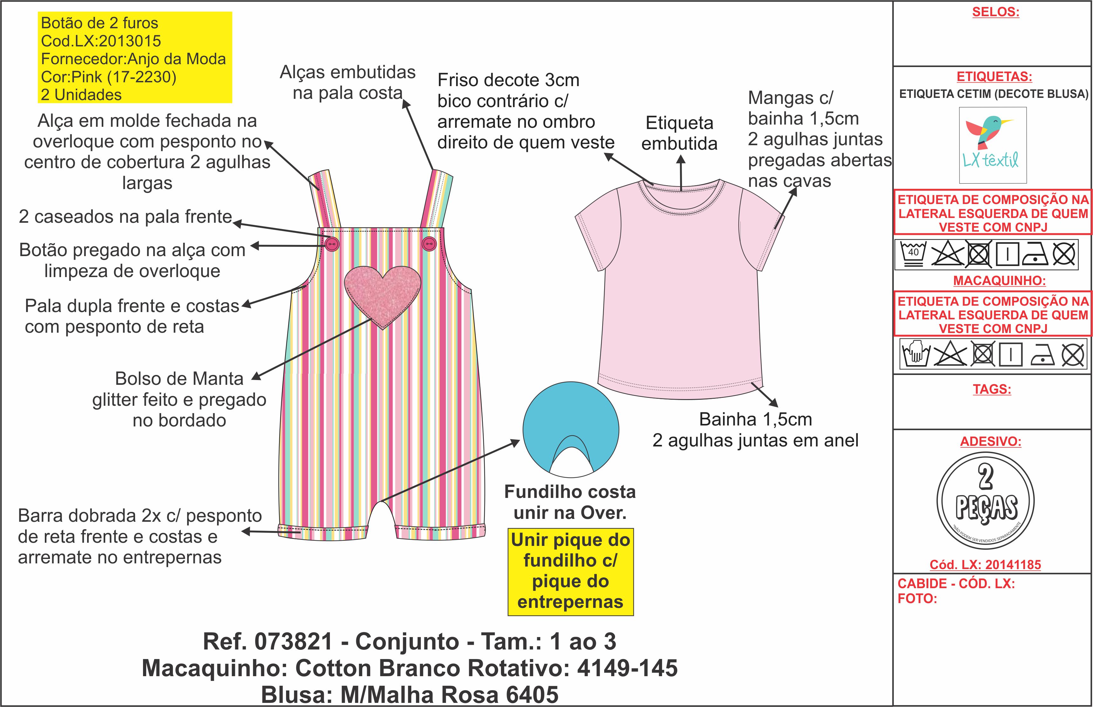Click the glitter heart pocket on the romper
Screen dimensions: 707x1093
pyautogui.click(x=382, y=294)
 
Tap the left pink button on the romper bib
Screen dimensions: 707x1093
pyautogui.click(x=332, y=244)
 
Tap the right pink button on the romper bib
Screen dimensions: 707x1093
pyautogui.click(x=429, y=243)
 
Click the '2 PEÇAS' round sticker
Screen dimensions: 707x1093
pyautogui.click(x=985, y=501)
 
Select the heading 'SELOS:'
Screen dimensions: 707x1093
pyautogui.click(x=995, y=12)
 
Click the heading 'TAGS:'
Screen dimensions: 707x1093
pyautogui.click(x=992, y=389)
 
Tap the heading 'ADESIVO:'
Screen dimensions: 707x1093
pyautogui.click(x=991, y=442)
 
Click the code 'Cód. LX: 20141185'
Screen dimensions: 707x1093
pyautogui.click(x=985, y=565)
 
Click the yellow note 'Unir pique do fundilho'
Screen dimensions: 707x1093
pyautogui.click(x=570, y=572)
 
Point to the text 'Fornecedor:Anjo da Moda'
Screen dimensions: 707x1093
pyautogui.click(x=133, y=59)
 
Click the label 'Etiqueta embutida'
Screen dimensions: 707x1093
pyautogui.click(x=680, y=133)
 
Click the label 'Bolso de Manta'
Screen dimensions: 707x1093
pyautogui.click(x=179, y=379)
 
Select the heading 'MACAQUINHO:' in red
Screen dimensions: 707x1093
pyautogui.click(x=999, y=281)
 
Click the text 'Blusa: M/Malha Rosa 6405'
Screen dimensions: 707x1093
pyautogui.click(x=409, y=695)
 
